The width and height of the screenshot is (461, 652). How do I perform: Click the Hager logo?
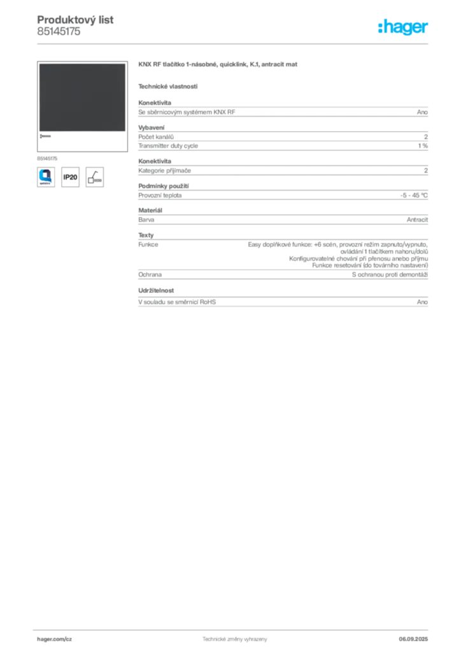click(402, 27)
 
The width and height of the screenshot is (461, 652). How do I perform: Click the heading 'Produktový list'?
click(75, 20)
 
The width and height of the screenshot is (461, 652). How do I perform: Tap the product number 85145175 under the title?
click(59, 32)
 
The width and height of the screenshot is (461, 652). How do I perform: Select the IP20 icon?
click(70, 177)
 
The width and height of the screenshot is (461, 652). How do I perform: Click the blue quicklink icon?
click(46, 177)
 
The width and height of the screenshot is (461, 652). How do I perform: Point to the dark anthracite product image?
click(82, 97)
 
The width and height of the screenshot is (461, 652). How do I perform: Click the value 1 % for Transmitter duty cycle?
click(423, 146)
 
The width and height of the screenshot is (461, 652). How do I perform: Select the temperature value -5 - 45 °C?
click(414, 195)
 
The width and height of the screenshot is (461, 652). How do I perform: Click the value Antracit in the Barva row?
click(417, 220)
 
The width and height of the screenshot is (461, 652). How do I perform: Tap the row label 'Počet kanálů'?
click(156, 137)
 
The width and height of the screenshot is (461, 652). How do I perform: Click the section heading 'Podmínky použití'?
click(164, 186)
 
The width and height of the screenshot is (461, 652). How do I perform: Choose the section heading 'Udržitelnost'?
click(156, 290)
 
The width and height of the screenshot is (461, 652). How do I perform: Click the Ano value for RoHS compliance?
click(422, 302)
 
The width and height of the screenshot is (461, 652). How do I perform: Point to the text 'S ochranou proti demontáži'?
click(390, 274)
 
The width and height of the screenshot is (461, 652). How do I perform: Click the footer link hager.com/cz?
click(55, 639)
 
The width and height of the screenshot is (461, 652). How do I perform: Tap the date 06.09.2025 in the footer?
click(413, 639)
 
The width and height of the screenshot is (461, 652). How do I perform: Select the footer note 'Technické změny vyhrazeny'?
click(235, 639)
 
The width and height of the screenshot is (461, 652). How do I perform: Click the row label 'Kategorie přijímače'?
click(165, 171)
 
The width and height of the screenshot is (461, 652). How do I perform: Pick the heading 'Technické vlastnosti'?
click(168, 87)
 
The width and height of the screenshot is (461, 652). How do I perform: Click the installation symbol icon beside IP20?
click(95, 177)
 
